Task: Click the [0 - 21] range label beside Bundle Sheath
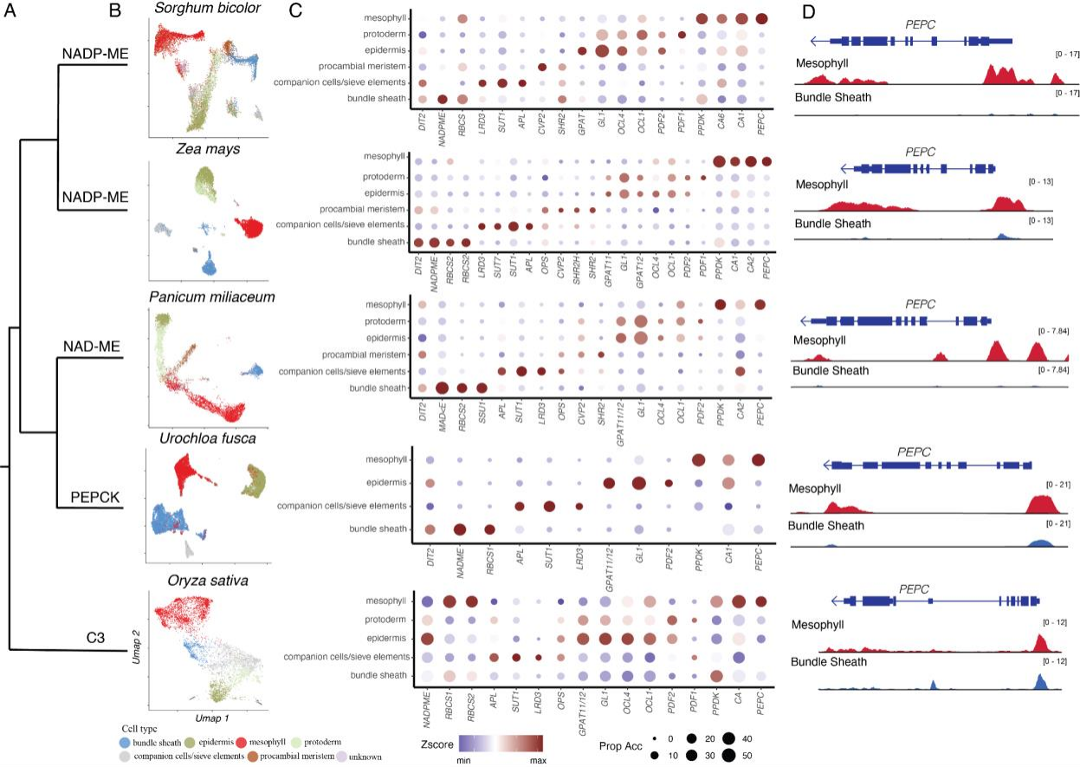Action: pos(1056,523)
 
